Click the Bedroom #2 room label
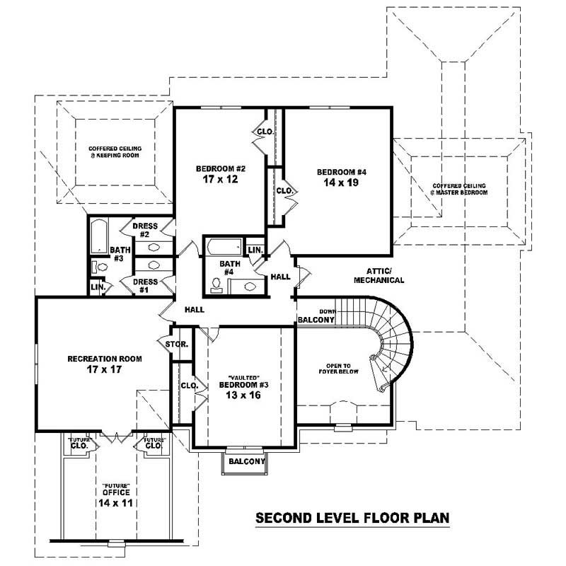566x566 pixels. [220, 168]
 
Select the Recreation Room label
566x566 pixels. [104, 359]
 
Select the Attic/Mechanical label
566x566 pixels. [385, 275]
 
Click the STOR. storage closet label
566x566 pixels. [178, 344]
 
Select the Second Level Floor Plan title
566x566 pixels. [352, 518]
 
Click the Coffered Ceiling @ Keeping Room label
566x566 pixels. [114, 151]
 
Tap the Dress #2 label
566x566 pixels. [144, 230]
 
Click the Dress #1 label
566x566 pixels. [144, 285]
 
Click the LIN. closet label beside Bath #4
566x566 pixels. [255, 250]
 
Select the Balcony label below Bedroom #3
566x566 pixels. [246, 462]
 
